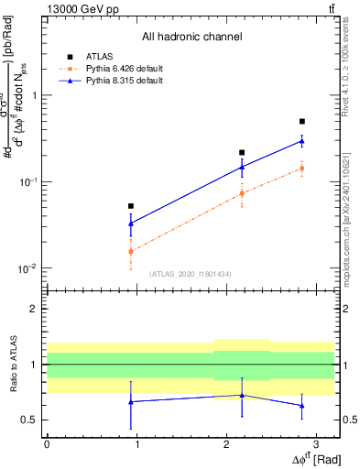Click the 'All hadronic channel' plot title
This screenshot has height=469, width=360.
[192, 38]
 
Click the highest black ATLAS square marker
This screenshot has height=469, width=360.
[301, 121]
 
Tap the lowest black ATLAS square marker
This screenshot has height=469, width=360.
[131, 206]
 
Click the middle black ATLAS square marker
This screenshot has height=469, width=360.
[242, 152]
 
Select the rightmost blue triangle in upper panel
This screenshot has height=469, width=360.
[301, 141]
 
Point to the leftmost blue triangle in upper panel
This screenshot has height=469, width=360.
[131, 223]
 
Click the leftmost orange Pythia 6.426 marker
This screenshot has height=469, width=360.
[131, 251]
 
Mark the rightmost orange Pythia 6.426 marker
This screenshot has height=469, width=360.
[301, 168]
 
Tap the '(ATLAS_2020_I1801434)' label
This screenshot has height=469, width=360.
[191, 273]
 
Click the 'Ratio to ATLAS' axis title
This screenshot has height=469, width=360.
[13, 365]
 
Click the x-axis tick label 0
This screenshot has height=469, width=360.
[47, 443]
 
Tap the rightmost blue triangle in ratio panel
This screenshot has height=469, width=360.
[301, 405]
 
